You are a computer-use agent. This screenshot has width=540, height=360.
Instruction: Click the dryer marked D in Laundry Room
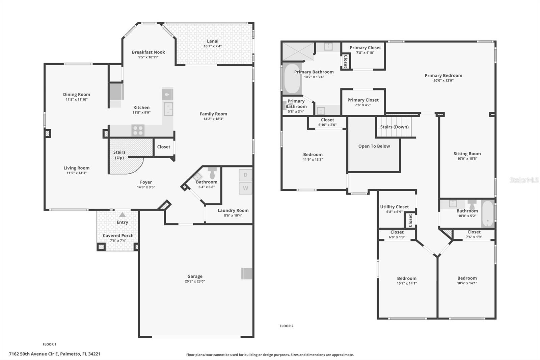[x=245, y=175]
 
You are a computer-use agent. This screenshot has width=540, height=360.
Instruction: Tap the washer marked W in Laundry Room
[x=245, y=188]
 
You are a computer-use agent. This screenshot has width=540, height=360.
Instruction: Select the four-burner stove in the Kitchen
[x=138, y=130]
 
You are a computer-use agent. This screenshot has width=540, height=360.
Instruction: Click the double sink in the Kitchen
[x=168, y=109]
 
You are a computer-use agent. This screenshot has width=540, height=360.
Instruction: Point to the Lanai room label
[x=213, y=41]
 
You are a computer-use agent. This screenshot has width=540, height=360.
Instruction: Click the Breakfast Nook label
[x=148, y=52]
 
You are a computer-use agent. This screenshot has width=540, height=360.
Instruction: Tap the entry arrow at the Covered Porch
[x=122, y=215]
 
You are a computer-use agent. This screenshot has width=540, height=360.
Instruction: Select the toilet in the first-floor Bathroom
[x=212, y=173]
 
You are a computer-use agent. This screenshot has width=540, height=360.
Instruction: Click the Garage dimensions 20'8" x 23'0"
[x=195, y=281]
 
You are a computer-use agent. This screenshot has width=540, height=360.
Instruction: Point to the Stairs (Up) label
[x=119, y=155]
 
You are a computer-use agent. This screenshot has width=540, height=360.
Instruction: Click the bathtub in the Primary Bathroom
[x=292, y=79]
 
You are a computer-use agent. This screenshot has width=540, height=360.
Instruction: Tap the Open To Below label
[x=374, y=146]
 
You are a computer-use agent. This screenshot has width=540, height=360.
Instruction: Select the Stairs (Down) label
[x=394, y=127]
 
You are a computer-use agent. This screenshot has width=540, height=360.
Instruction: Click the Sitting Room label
[x=467, y=154]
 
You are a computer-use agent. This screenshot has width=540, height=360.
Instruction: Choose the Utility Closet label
[x=394, y=207]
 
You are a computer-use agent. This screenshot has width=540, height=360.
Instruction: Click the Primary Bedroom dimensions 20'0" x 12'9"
[x=443, y=80]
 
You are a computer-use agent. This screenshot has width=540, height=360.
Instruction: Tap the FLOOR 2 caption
[x=286, y=326]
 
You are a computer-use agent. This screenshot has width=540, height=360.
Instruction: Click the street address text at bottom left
[x=54, y=354]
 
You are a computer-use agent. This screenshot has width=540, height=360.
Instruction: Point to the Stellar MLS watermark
[x=524, y=180]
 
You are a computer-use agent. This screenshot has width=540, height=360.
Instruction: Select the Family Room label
[x=213, y=114]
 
